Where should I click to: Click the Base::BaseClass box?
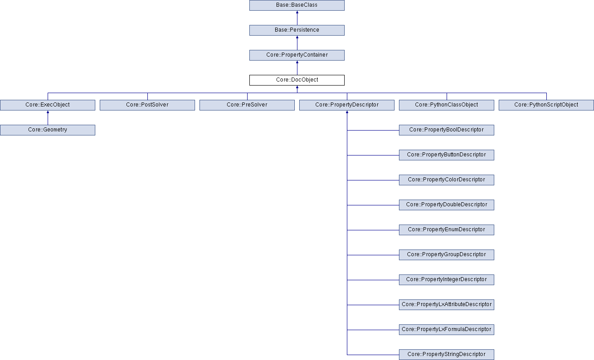click(297, 5)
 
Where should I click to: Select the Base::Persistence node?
click(297, 30)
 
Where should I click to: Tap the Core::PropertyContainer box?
click(297, 55)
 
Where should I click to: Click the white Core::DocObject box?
click(297, 80)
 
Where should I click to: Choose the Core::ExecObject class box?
click(48, 105)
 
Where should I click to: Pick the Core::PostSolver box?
click(147, 105)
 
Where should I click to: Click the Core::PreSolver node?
click(247, 105)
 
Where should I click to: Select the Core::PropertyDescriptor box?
click(347, 105)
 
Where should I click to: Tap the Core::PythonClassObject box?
click(447, 105)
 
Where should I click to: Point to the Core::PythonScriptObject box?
click(546, 105)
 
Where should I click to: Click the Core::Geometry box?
click(48, 130)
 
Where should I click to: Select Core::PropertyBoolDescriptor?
click(447, 130)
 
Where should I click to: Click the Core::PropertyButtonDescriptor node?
click(447, 155)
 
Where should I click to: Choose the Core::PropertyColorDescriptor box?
click(447, 180)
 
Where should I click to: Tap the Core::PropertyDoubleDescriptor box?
click(447, 205)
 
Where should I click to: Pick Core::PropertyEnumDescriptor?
click(447, 229)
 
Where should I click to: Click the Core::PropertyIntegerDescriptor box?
click(447, 279)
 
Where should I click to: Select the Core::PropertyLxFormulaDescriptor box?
click(447, 329)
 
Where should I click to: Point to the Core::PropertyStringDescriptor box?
click(447, 354)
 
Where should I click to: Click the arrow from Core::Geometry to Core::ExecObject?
click(48, 118)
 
